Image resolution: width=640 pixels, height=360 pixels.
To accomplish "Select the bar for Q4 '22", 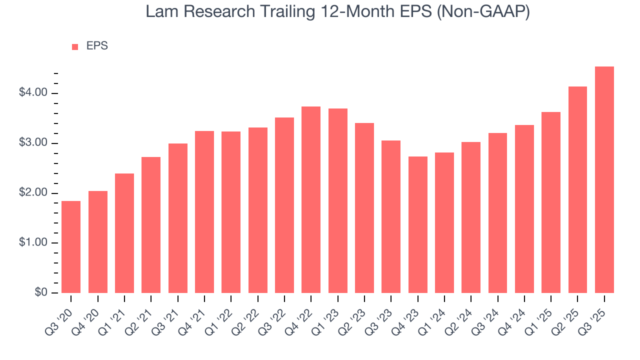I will (x=311, y=199).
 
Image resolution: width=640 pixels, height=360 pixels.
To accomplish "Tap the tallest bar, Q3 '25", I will (x=604, y=179).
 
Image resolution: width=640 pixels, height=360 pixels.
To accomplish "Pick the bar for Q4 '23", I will (x=418, y=224).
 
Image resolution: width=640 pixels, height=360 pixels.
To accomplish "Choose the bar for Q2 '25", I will (x=577, y=189).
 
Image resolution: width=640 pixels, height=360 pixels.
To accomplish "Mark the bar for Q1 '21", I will (x=124, y=233).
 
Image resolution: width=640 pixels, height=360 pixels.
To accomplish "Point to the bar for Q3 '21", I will (x=178, y=218).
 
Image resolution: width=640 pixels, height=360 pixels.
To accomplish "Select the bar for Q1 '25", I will (x=551, y=202).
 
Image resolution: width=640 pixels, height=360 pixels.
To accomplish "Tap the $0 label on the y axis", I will (x=40, y=293).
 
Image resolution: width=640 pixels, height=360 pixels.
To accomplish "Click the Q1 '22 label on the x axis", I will (x=220, y=314).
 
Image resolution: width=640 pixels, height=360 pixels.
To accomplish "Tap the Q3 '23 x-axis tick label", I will (x=380, y=314).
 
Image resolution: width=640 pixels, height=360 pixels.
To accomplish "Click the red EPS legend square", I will (x=75, y=46).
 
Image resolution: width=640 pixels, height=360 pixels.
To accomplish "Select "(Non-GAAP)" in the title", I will (x=483, y=12).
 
